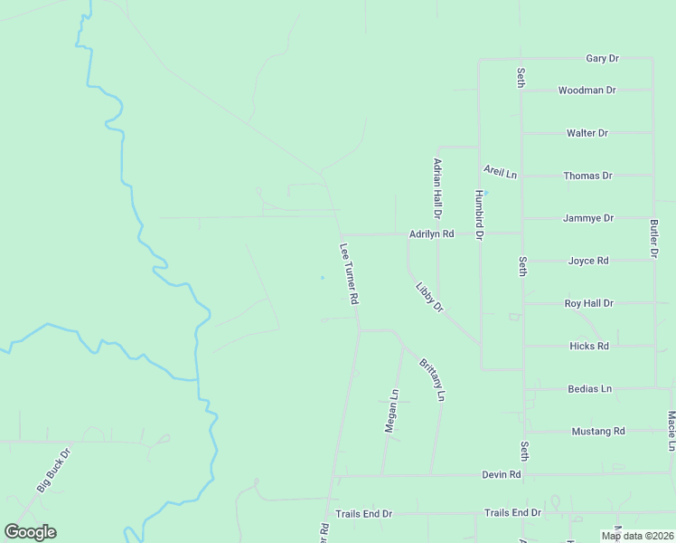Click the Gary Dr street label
pyautogui.click(x=602, y=59)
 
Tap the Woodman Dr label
pyautogui.click(x=587, y=90)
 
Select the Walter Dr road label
pyautogui.click(x=587, y=133)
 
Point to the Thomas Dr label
pyautogui.click(x=587, y=176)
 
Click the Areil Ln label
pyautogui.click(x=500, y=172)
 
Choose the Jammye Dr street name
pyautogui.click(x=588, y=218)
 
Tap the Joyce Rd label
pyautogui.click(x=588, y=261)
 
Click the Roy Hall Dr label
pyautogui.click(x=588, y=303)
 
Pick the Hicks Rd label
pyautogui.click(x=589, y=346)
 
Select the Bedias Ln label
pyautogui.click(x=589, y=388)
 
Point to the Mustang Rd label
pyautogui.click(x=598, y=431)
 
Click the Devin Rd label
pyautogui.click(x=502, y=473)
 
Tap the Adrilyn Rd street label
pyautogui.click(x=431, y=233)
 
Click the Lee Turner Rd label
pyautogui.click(x=350, y=273)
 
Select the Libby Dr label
pyautogui.click(x=430, y=298)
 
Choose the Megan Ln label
pyautogui.click(x=391, y=411)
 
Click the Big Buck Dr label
pyautogui.click(x=53, y=470)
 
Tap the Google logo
pyautogui.click(x=30, y=532)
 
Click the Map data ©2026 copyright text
pyautogui.click(x=636, y=536)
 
